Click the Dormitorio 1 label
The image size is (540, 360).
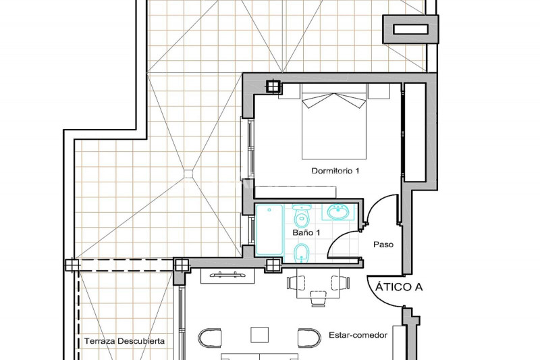coord(335,170)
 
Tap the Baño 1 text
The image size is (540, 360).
coord(306,232)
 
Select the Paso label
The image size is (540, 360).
coord(383,245)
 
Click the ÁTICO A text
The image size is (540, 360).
coord(399,286)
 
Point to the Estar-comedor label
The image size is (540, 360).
coord(358,335)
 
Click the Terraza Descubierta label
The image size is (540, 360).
coord(124,341)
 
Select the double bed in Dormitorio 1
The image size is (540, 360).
coord(333,122)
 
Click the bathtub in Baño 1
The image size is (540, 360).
coord(269,230)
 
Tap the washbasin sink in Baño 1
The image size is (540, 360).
coord(338,212)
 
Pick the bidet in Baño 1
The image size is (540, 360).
coord(302,253)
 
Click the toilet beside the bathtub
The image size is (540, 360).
coord(302,215)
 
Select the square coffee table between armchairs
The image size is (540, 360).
coord(259,335)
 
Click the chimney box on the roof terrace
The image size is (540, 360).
coord(410,29)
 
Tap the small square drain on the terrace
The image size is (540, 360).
coord(188,174)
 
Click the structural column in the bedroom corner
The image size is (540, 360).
coord(273,86)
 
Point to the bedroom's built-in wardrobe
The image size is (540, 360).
coord(414,132)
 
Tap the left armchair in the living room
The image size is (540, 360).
coord(210,338)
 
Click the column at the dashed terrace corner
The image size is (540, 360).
coord(72,265)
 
